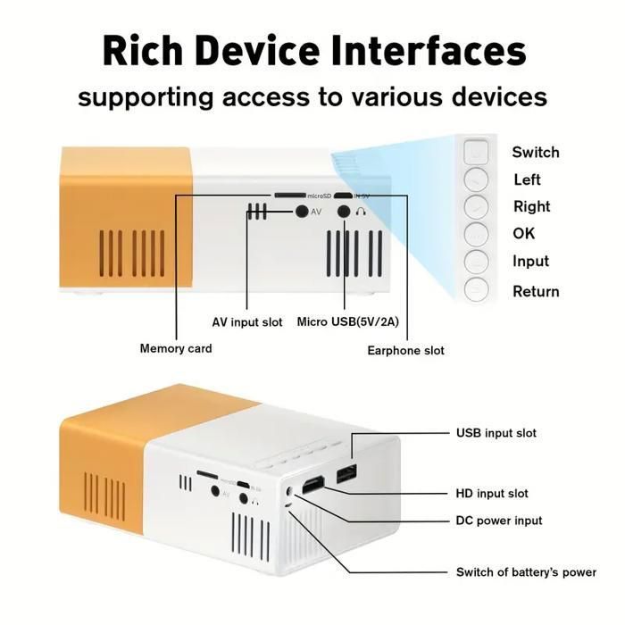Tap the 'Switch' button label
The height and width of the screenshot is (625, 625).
(x=536, y=152)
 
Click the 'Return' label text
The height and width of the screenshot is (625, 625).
(x=536, y=291)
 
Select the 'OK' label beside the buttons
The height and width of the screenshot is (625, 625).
(x=524, y=234)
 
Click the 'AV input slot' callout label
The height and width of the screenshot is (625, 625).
(x=247, y=321)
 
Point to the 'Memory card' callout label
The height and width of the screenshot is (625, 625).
(x=176, y=348)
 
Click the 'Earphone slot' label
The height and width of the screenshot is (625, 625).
(x=405, y=350)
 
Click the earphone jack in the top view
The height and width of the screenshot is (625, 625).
(x=344, y=212)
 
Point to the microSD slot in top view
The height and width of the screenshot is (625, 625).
(x=288, y=194)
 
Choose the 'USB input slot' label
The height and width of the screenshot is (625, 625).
(x=496, y=433)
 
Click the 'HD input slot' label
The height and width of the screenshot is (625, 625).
(x=492, y=493)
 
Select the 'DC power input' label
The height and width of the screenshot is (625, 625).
(x=499, y=521)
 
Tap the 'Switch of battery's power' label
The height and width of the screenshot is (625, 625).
(x=526, y=572)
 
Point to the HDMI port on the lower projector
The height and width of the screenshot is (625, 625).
(x=313, y=487)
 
